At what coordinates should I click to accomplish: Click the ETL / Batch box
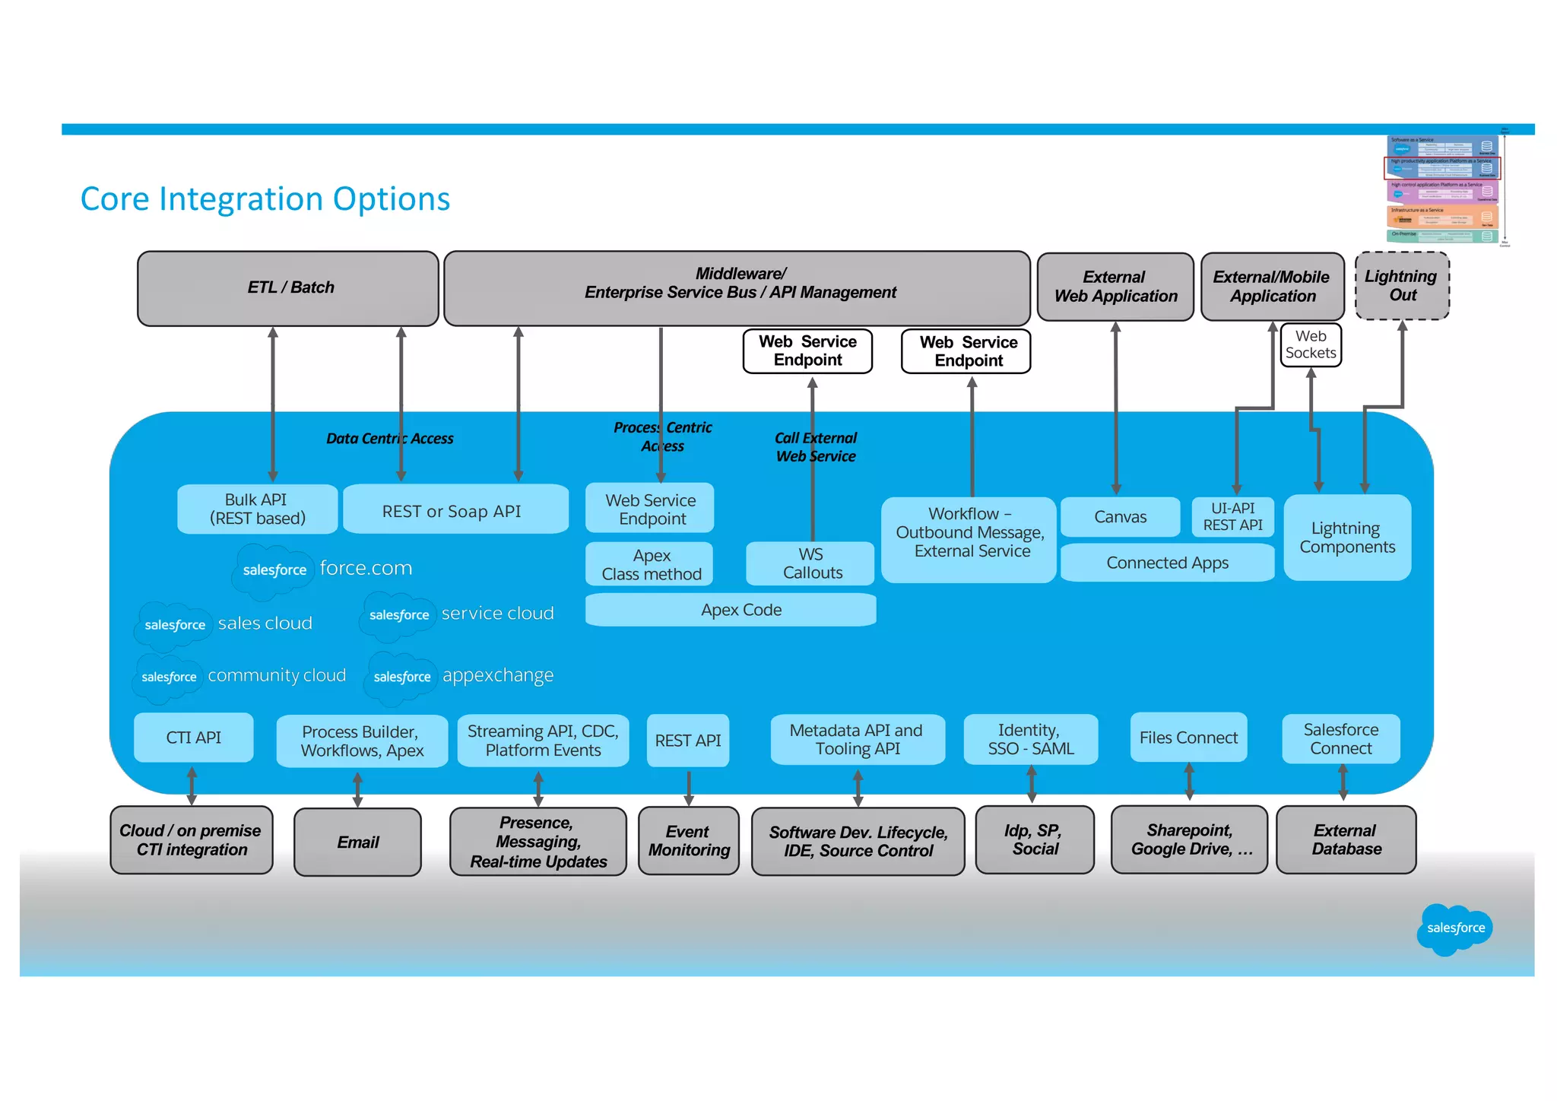click(x=288, y=288)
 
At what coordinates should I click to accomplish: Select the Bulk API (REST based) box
click(x=257, y=509)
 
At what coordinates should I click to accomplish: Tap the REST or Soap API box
click(x=455, y=509)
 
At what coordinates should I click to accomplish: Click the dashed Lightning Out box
click(x=1402, y=286)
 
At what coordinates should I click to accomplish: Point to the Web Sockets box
click(x=1311, y=345)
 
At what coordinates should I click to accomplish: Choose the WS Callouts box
click(x=810, y=563)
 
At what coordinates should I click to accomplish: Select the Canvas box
click(x=1120, y=517)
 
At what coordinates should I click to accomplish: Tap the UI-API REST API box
click(x=1232, y=517)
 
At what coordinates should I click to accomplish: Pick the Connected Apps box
click(x=1167, y=563)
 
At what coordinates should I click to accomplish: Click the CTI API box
click(x=193, y=738)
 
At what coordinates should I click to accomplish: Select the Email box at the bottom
click(x=357, y=842)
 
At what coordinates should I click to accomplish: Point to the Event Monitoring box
click(x=688, y=841)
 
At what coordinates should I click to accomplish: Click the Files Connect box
click(x=1188, y=738)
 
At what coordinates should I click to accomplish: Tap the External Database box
click(x=1346, y=840)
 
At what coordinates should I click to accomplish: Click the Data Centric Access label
click(x=389, y=439)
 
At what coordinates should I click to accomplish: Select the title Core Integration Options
click(x=265, y=199)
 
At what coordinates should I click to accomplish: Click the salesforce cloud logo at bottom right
click(x=1454, y=928)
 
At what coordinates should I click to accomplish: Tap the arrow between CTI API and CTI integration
click(x=192, y=785)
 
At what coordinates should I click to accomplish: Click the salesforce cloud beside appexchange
click(x=402, y=677)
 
